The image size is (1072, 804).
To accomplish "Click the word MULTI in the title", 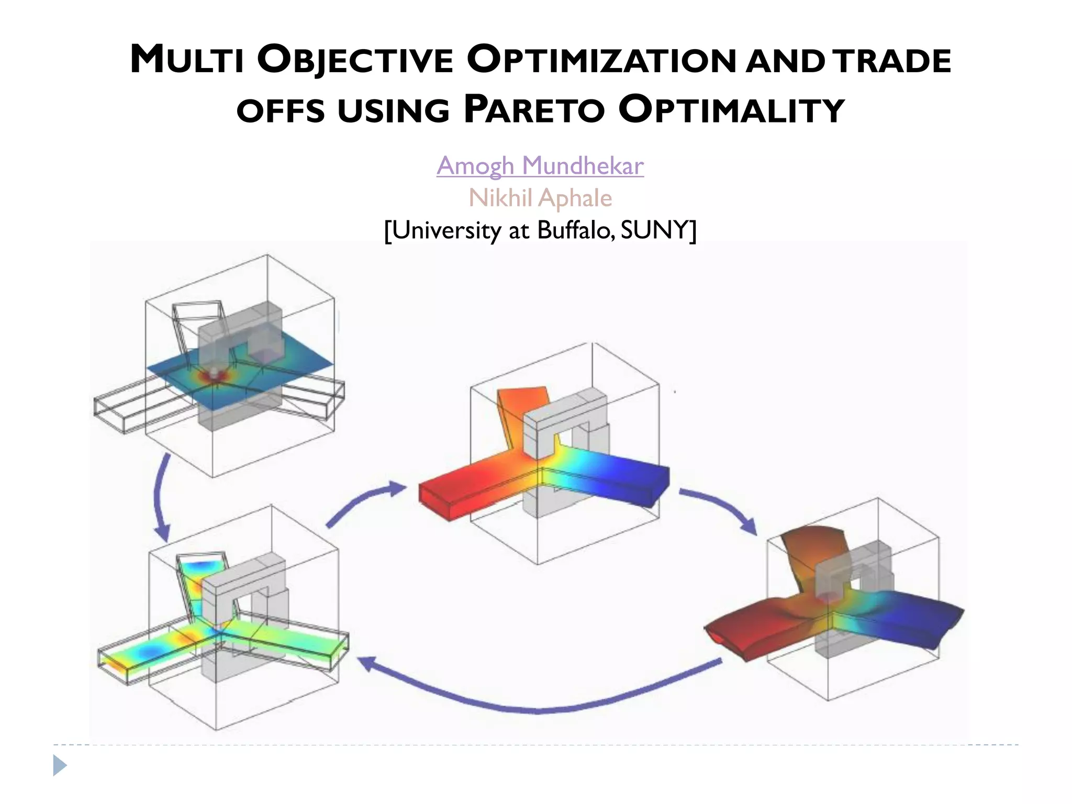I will pyautogui.click(x=187, y=59).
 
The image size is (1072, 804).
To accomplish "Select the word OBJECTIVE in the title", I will pyautogui.click(x=355, y=60).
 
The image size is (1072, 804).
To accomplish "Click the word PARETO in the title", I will pyautogui.click(x=534, y=110).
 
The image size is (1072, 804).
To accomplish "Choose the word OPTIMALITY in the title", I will pyautogui.click(x=732, y=110).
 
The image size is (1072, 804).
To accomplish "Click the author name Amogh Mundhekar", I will pyautogui.click(x=540, y=166).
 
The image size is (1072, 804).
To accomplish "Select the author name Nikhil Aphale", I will pyautogui.click(x=540, y=198).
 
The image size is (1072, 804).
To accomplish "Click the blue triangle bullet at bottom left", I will pyautogui.click(x=60, y=766).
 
